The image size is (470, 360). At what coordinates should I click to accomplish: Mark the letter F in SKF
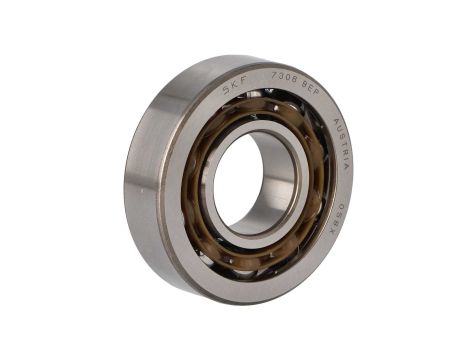(x=244, y=81)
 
